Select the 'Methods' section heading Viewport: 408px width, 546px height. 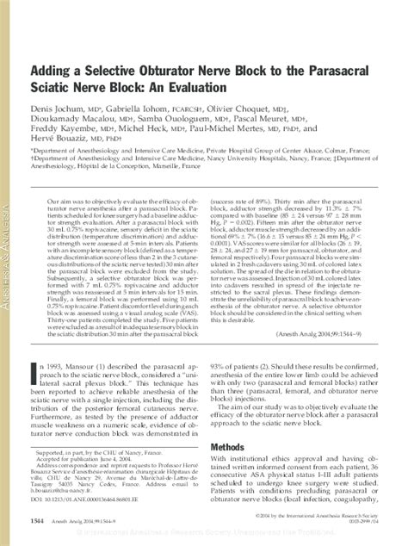(x=232, y=447)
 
